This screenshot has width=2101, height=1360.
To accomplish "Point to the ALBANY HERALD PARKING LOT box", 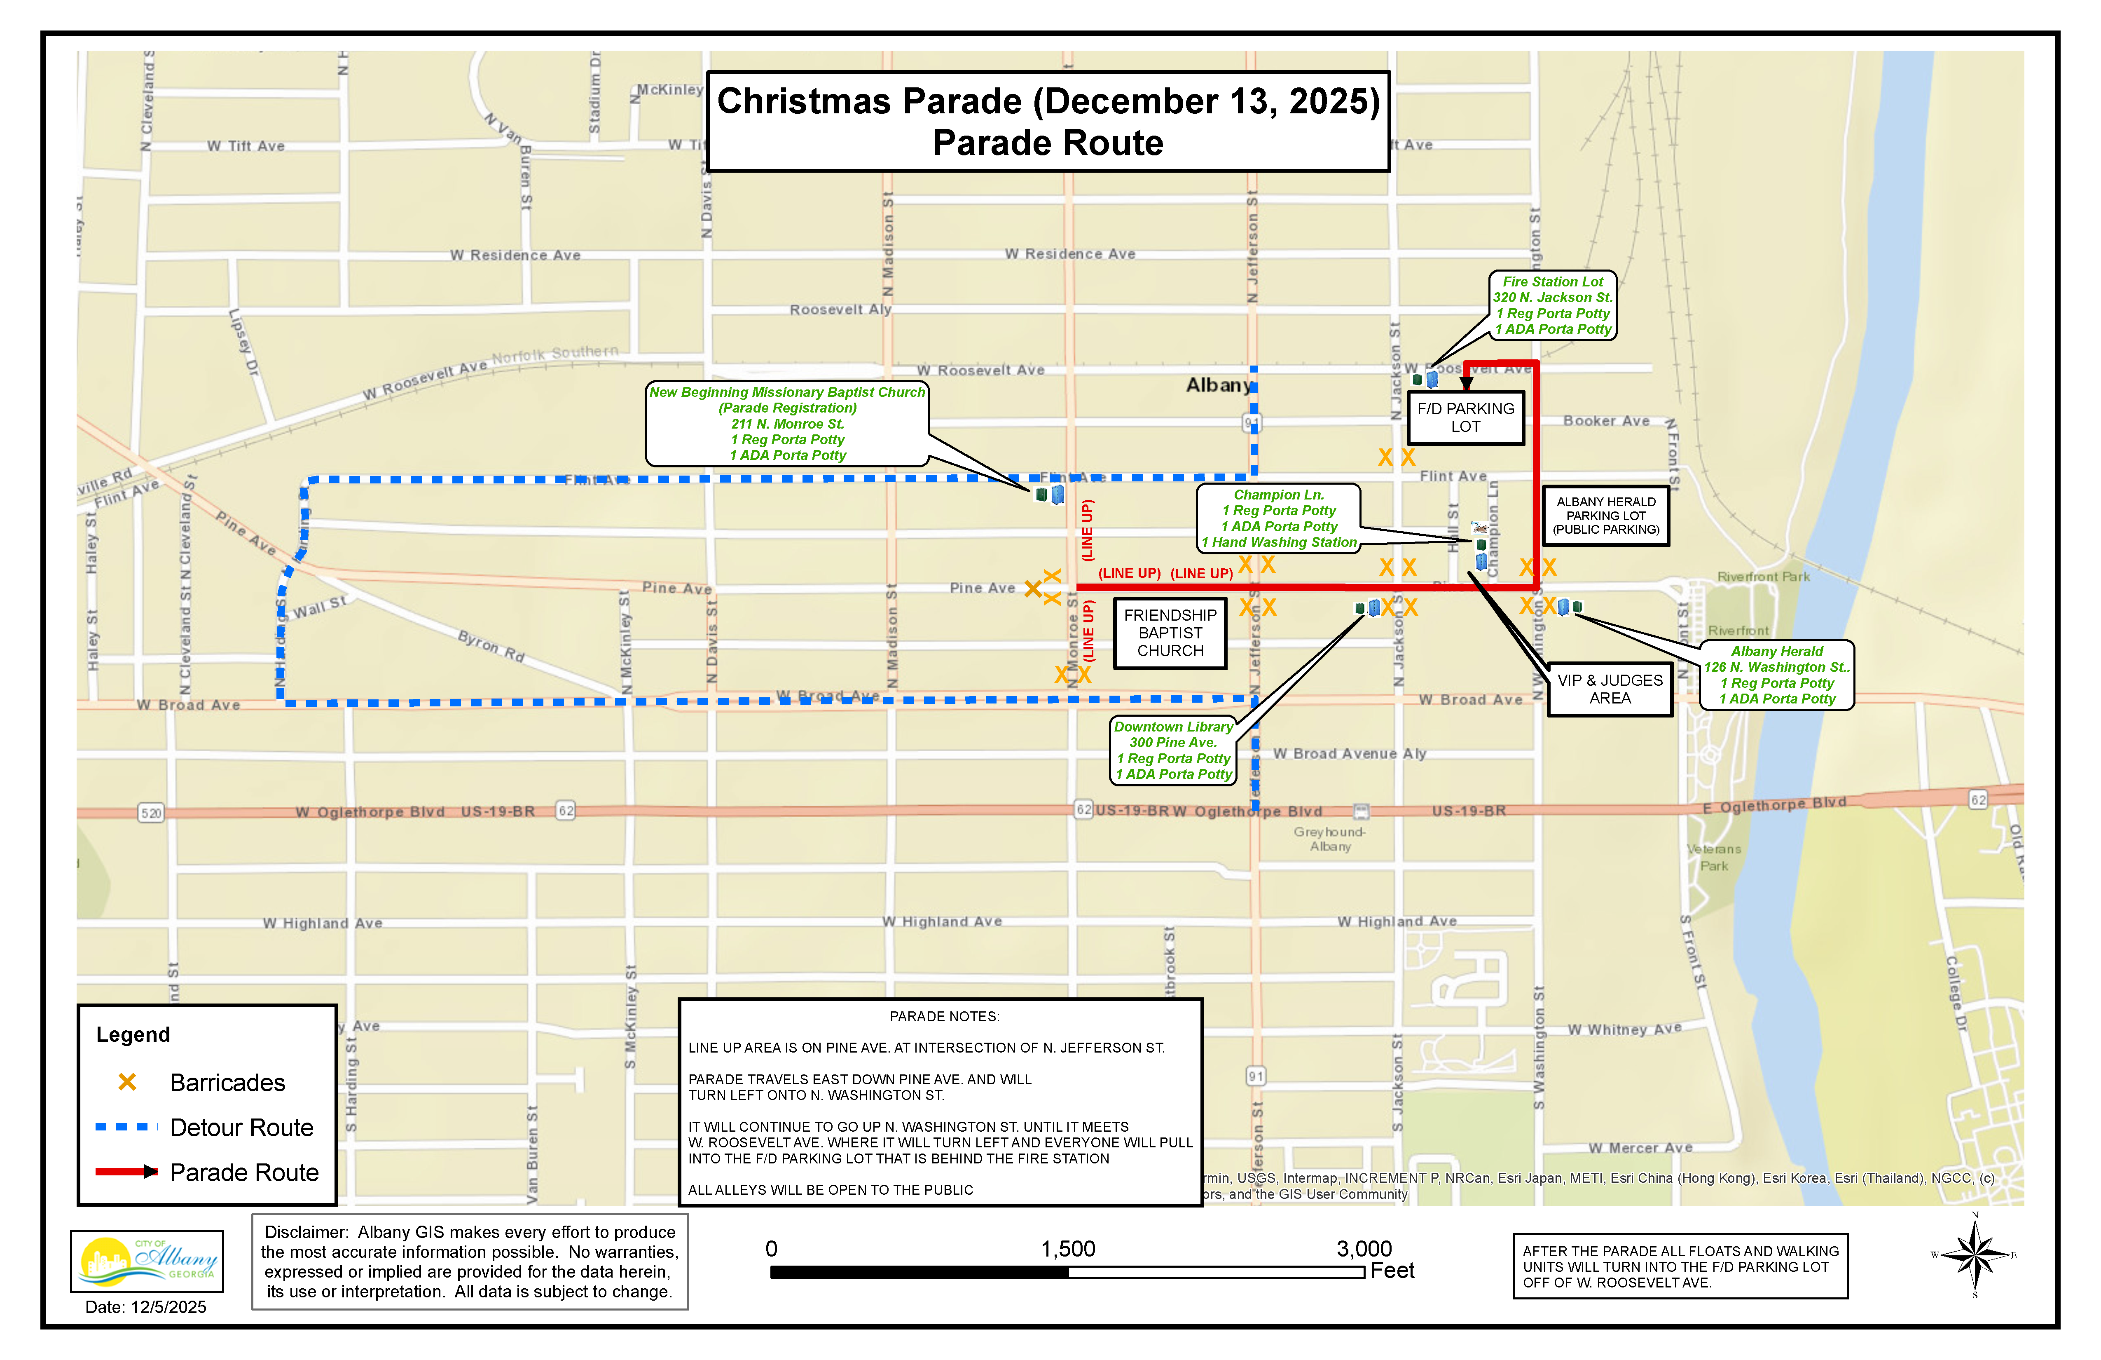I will tap(1606, 516).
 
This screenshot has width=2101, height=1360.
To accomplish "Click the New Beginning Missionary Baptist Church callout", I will tap(786, 424).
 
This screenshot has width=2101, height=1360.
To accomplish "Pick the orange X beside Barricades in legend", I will tap(127, 1082).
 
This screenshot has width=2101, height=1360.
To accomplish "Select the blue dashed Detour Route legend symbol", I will tap(126, 1127).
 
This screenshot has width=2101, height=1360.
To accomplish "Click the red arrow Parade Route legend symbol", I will tap(126, 1172).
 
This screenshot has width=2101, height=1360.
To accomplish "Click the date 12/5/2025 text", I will tap(146, 1307).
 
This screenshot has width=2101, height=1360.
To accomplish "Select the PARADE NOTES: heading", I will tap(944, 1016).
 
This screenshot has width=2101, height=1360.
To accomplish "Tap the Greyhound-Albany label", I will tap(1329, 839).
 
